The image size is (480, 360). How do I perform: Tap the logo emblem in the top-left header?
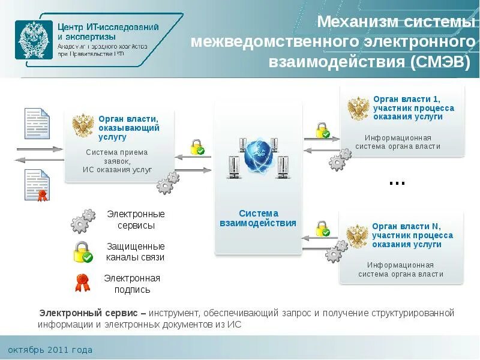34,40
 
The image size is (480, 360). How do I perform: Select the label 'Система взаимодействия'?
258,218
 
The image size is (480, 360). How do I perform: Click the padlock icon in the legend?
83,252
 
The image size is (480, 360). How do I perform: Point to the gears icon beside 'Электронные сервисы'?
83,221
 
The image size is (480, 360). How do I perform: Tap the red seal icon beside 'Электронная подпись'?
82,283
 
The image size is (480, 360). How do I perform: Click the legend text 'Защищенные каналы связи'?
136,252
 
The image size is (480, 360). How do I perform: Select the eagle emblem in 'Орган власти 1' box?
358,109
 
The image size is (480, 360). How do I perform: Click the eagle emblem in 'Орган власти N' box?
358,236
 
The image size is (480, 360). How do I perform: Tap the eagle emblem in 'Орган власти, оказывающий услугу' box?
82,126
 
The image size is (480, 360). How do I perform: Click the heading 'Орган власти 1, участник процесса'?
413,103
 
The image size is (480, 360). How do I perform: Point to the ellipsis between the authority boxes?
397,182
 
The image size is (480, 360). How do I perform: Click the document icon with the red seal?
37,185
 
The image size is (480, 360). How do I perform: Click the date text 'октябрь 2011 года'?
50,350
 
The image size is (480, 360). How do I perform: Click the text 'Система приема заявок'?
116,157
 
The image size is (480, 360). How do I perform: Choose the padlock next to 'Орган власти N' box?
323,229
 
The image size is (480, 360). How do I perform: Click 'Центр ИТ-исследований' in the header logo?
108,27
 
